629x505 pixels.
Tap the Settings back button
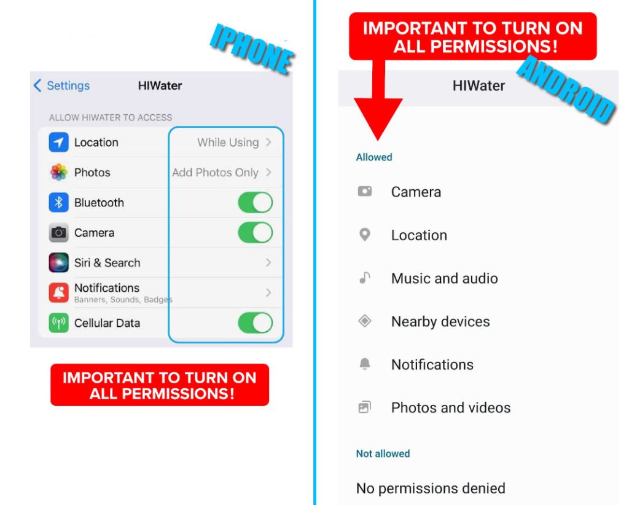pyautogui.click(x=61, y=85)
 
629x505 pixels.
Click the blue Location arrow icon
pyautogui.click(x=58, y=143)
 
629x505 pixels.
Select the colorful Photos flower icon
pyautogui.click(x=58, y=173)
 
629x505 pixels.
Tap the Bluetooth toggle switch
pyautogui.click(x=255, y=203)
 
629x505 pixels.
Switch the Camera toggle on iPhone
pyautogui.click(x=255, y=233)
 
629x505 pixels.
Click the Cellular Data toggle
pyautogui.click(x=255, y=323)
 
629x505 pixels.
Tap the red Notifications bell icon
pyautogui.click(x=58, y=293)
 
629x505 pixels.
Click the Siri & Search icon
pyautogui.click(x=58, y=263)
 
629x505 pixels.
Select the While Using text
pyautogui.click(x=228, y=143)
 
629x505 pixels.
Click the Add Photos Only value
pyautogui.click(x=215, y=173)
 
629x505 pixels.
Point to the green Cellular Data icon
pyautogui.click(x=58, y=323)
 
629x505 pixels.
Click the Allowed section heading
pyautogui.click(x=373, y=157)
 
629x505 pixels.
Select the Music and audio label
pyautogui.click(x=444, y=278)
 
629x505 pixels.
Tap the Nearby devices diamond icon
pyautogui.click(x=365, y=321)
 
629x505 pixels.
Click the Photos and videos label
pyautogui.click(x=451, y=407)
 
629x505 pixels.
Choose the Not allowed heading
pyautogui.click(x=383, y=454)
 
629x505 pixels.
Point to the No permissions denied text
pyautogui.click(x=431, y=488)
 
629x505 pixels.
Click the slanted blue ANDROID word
pyautogui.click(x=565, y=89)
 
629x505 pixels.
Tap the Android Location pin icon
pyautogui.click(x=365, y=235)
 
